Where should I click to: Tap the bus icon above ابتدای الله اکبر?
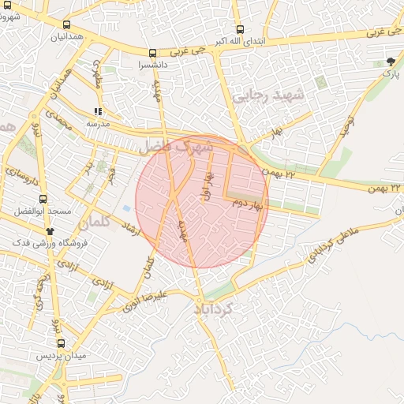pyautogui.click(x=240, y=28)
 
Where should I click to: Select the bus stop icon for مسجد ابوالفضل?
pyautogui.click(x=43, y=200)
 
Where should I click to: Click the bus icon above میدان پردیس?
pyautogui.click(x=61, y=343)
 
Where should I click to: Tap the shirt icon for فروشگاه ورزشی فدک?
pyautogui.click(x=50, y=231)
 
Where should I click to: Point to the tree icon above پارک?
pyautogui.click(x=391, y=62)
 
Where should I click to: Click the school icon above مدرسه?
pyautogui.click(x=98, y=113)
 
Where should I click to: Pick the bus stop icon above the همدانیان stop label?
pyautogui.click(x=65, y=24)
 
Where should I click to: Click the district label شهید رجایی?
pyautogui.click(x=263, y=96)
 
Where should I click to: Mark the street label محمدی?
pyautogui.click(x=58, y=122)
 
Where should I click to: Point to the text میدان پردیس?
pyautogui.click(x=62, y=357)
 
